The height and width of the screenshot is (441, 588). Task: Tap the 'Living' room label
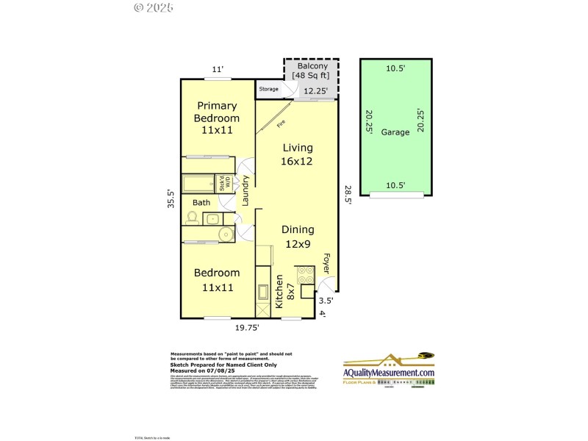point(297,155)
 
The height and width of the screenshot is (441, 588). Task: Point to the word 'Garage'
point(395,132)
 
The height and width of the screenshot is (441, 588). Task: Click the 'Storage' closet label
point(268,89)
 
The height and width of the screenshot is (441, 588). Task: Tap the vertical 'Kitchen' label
point(279,290)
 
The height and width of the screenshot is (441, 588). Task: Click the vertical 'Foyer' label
point(326,265)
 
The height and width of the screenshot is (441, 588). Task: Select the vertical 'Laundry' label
point(247,193)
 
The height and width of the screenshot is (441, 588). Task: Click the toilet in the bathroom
point(193,218)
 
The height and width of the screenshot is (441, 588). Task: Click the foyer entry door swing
point(329,283)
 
